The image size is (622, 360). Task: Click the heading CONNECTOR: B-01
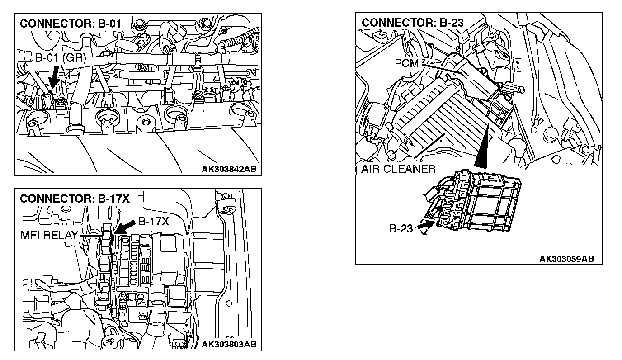[71, 23]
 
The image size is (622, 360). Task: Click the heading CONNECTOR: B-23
[413, 22]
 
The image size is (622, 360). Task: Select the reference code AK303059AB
[566, 259]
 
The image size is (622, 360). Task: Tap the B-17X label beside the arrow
[153, 222]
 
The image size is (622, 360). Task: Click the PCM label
[407, 64]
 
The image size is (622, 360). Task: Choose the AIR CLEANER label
[398, 169]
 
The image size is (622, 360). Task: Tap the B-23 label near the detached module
[401, 229]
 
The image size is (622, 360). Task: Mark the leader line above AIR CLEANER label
[429, 149]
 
